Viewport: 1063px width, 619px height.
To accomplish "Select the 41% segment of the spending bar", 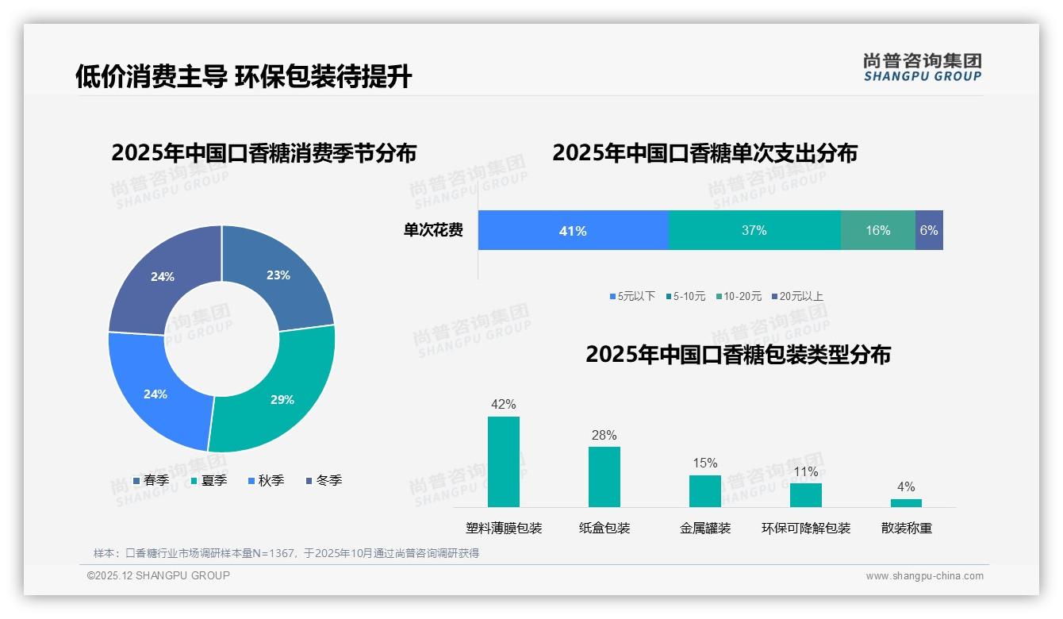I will (573, 231).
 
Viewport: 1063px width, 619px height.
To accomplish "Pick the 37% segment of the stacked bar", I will (754, 231).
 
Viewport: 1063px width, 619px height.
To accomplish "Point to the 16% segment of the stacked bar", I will (877, 231).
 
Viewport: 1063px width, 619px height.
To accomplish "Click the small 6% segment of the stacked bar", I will (929, 231).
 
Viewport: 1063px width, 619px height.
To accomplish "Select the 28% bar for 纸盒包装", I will (604, 477).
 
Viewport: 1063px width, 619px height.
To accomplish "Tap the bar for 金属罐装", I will (704, 491).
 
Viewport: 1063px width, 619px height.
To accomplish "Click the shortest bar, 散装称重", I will (906, 503).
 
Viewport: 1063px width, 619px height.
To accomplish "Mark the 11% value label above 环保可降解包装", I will (805, 472).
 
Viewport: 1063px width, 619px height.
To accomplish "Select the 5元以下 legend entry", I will (632, 297).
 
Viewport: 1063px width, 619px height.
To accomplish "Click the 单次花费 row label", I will (433, 231).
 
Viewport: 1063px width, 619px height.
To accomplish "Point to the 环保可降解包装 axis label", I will (805, 529).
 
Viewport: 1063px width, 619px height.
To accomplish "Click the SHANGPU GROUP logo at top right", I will (922, 67).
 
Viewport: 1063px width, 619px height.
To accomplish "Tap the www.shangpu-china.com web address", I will (924, 576).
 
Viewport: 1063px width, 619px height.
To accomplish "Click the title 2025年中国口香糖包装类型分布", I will (738, 355).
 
